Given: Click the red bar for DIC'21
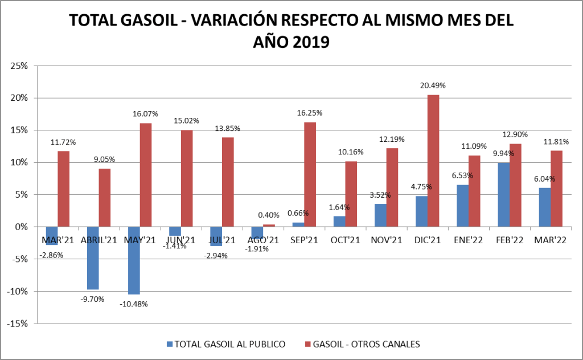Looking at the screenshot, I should pos(433,161).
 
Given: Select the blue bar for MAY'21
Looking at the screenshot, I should pos(134,260).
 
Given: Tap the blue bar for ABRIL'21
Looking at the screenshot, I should pos(93,258).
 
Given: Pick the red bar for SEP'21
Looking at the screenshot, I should pos(310,174).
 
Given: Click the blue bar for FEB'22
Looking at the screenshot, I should pos(504,195).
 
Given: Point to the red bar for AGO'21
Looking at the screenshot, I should pos(269,226).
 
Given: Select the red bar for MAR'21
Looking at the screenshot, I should pos(64,189).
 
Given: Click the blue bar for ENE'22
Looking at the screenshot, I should pos(463,206).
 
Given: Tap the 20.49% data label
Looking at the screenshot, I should pos(433,85).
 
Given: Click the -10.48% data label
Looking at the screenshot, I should pos(134,304).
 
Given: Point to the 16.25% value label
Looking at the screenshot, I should pos(310,113).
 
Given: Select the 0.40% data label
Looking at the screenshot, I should pos(269,215).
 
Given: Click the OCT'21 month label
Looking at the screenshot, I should pos(346,240).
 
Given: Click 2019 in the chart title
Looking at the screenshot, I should pos(308,42).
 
